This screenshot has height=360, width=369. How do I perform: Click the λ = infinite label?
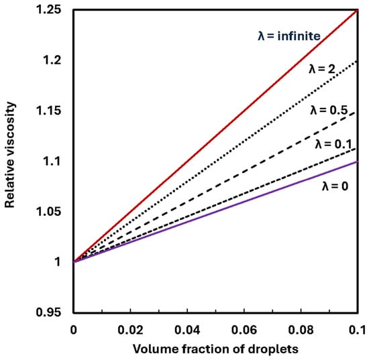289,36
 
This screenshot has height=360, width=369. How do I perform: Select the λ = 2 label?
321,69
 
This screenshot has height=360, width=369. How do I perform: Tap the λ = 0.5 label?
329,110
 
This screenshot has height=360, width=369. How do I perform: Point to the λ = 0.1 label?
333,144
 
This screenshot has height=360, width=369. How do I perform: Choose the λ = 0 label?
335,186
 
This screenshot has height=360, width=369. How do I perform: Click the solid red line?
216,136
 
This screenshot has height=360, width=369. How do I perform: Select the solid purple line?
216,212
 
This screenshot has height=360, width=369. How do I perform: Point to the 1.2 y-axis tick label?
52,60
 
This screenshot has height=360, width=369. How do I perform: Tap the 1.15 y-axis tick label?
49,111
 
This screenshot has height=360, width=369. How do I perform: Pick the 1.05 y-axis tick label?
49,211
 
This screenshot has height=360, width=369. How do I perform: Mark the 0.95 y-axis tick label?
49,312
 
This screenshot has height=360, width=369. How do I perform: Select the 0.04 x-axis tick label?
187,330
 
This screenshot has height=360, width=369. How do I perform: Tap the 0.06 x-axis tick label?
244,330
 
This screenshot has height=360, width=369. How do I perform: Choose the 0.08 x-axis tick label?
301,330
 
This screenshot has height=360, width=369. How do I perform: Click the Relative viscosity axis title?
10,155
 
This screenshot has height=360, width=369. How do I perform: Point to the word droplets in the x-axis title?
273,349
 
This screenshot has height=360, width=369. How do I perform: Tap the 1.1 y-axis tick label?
52,161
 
